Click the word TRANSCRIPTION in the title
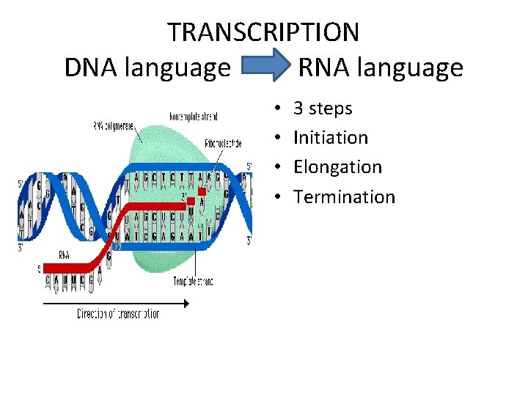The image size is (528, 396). click(x=263, y=32)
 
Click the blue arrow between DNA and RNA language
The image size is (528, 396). click(x=266, y=67)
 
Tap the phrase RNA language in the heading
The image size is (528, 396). click(x=381, y=67)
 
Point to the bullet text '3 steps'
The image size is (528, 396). click(x=323, y=109)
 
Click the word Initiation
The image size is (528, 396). click(x=331, y=137)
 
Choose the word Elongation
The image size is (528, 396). click(x=337, y=167)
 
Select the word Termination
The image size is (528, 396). click(x=344, y=197)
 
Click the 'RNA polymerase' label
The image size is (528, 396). click(x=114, y=126)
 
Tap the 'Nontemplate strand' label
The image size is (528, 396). click(x=193, y=116)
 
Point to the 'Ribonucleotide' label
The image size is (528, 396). click(x=223, y=144)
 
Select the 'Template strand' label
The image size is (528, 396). click(x=193, y=281)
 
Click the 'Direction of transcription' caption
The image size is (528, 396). click(x=118, y=314)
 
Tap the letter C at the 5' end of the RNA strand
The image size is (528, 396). click(x=50, y=280)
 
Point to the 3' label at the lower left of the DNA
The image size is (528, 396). click(x=21, y=248)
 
